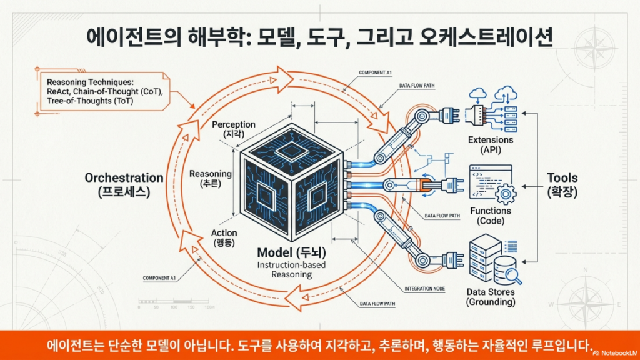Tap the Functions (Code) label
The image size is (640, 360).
tap(491, 216)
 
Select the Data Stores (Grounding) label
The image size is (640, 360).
tap(491, 297)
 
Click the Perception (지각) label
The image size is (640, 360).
tap(233, 129)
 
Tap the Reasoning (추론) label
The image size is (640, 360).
tap(210, 178)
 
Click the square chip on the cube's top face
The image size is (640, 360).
tap(292, 149)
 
